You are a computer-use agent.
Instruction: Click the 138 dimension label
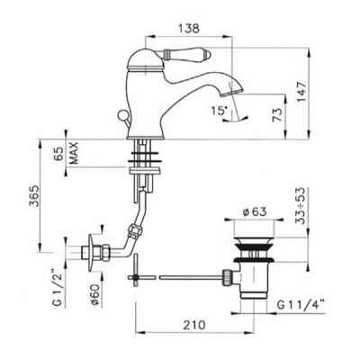point(189,28)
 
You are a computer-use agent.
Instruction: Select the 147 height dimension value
point(301,92)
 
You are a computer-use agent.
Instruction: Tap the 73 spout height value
point(277,115)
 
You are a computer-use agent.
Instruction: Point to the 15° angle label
point(218,111)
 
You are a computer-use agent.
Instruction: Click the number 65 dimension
point(60,154)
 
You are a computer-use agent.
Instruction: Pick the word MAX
point(73,153)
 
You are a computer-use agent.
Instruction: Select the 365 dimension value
point(34,196)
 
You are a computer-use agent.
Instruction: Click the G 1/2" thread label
point(58,286)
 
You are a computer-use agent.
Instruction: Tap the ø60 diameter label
point(94,293)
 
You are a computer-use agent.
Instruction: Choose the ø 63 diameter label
point(255,211)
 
